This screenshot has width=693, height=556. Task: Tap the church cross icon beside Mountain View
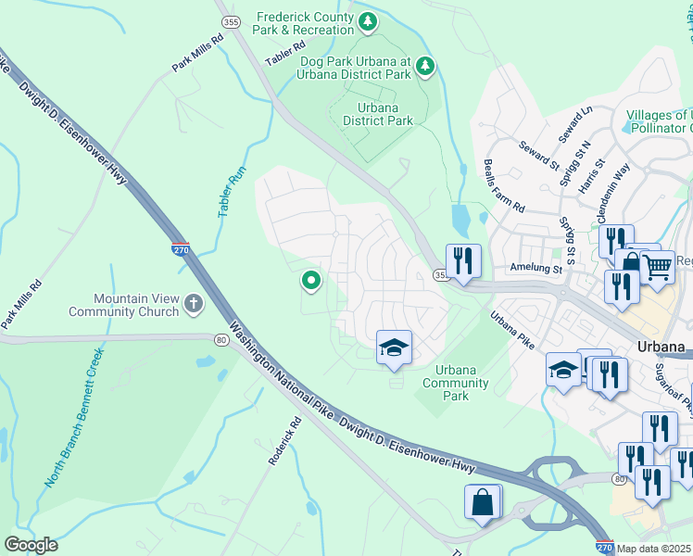pos(193,303)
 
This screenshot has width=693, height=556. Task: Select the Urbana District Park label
pos(378,114)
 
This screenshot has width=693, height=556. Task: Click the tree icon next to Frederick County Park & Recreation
pos(369,20)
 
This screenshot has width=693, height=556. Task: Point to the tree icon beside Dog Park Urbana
pos(425,65)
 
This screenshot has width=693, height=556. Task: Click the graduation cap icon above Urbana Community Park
pos(394,348)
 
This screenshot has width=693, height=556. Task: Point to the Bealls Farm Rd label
pos(503,184)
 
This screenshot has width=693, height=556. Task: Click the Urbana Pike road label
pos(512,329)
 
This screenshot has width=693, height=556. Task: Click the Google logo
pos(31,544)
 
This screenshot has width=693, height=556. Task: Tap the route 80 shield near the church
pos(221,339)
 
